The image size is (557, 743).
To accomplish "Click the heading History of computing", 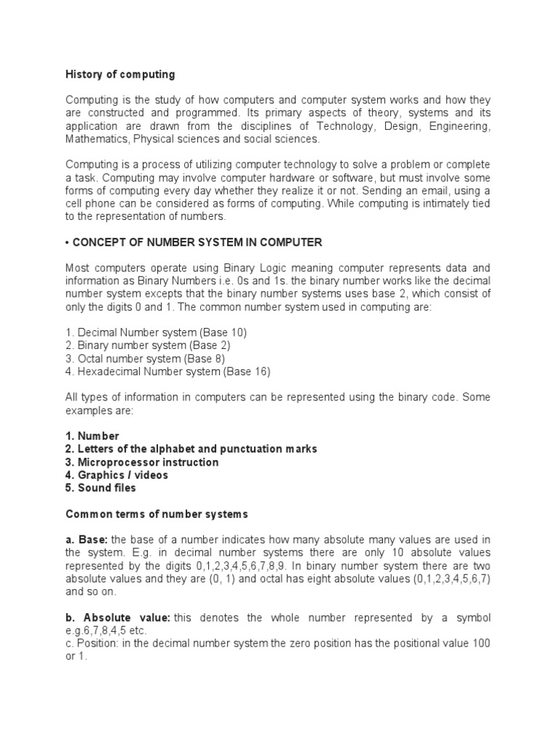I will [x=120, y=74].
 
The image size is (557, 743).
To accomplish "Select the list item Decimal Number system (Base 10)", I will [x=157, y=332].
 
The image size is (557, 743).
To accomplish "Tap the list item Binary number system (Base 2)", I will [x=148, y=345].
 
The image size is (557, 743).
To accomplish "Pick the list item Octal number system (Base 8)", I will [x=145, y=358].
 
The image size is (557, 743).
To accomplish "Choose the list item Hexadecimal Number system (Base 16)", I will [x=168, y=371].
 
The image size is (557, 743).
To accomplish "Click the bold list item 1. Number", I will [x=92, y=436].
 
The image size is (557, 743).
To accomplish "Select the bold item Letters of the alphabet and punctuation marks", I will [x=191, y=449].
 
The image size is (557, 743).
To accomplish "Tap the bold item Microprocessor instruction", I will [x=142, y=462].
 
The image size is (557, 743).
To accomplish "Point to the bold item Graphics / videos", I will [x=117, y=475].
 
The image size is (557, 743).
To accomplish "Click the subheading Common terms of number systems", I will [x=157, y=514].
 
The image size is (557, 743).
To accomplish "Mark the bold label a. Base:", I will [x=86, y=539].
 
